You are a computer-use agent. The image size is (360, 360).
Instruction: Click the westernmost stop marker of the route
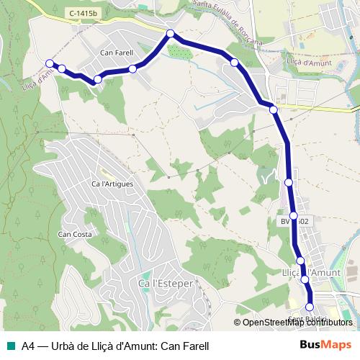[49, 63]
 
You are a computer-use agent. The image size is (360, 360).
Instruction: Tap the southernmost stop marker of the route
[310, 307]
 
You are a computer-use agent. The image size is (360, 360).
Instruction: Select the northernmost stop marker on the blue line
[171, 34]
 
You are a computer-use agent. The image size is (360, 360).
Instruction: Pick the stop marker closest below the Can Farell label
[133, 69]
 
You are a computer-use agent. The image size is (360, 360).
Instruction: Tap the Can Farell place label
[117, 53]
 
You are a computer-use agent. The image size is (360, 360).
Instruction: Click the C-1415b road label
[84, 14]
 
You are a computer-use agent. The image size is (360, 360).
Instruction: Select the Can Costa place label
[74, 234]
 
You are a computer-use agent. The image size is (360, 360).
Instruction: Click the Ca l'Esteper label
[165, 284]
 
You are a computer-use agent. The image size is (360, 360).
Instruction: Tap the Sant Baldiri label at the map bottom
[307, 319]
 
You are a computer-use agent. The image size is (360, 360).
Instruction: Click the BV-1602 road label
[294, 222]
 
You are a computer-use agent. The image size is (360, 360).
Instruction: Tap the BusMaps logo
[325, 345]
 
